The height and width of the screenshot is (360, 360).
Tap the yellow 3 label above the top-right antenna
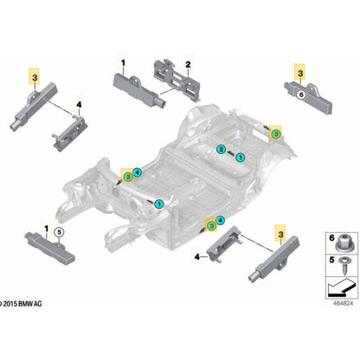298,75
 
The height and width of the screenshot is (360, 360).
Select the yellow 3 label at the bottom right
280,232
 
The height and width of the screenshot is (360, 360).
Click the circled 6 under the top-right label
301,94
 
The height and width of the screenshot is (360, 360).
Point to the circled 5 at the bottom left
58,232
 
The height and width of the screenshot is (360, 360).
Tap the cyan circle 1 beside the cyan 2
240,157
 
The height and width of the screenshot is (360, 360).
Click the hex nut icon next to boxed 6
337,240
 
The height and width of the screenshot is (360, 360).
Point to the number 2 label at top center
188,63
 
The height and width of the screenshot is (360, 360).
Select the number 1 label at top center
122,62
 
